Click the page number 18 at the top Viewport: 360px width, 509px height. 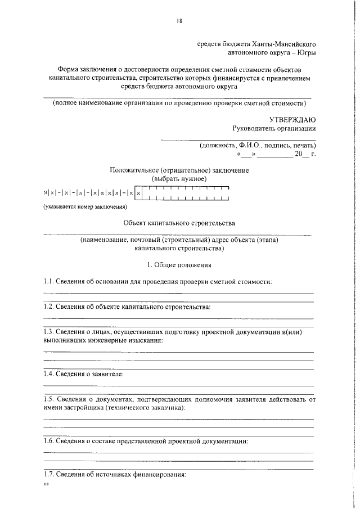click(x=179, y=21)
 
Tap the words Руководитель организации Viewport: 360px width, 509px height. click(x=274, y=128)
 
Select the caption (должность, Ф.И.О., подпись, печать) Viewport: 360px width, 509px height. click(x=258, y=145)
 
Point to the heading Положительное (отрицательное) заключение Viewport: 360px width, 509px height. click(x=179, y=170)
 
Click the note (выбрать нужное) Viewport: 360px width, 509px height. click(x=179, y=178)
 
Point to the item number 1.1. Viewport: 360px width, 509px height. click(x=49, y=281)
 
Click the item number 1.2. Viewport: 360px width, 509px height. click(x=49, y=307)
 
